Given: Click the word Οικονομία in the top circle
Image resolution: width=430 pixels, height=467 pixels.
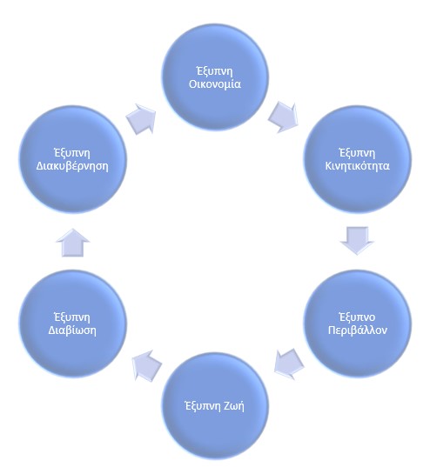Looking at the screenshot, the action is coord(215,84).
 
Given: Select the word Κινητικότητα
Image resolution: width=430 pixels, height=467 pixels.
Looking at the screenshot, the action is coord(357,165).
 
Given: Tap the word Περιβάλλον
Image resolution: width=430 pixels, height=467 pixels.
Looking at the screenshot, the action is coord(358,330).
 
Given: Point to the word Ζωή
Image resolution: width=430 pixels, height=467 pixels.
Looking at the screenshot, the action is coord(232,405).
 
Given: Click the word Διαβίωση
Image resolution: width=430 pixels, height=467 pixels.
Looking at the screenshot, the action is coord(72,330).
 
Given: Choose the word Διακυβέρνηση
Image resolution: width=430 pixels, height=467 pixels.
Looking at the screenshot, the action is coord(72,166).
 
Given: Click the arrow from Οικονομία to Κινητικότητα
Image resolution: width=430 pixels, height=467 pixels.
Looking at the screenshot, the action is coord(284,117).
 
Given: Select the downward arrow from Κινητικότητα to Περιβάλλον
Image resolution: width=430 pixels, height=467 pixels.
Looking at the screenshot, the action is coord(357,241).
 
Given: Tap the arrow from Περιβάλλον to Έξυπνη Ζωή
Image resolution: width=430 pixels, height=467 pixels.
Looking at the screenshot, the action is coord(288,364).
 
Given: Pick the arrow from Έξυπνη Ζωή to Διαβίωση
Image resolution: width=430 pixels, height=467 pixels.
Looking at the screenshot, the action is coord(147,365).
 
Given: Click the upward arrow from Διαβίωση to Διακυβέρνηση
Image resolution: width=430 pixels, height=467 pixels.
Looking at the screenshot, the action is coord(73,243).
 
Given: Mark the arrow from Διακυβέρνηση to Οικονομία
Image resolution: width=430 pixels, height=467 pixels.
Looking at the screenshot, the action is coord(141,119).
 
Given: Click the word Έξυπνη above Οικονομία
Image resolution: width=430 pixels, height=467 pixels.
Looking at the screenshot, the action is coord(215,71).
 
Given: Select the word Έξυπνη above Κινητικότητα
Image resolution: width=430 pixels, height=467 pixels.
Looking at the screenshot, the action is coord(357,153).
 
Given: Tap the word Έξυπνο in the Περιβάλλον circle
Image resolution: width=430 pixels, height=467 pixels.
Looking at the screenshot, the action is coord(357,317).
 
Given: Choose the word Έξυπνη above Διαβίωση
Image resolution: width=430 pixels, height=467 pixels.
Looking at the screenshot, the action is coord(72,317).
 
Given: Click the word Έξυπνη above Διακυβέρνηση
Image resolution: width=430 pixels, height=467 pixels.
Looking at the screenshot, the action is coord(72,153).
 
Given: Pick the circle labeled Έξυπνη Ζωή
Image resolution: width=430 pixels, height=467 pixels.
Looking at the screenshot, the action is coord(215,406).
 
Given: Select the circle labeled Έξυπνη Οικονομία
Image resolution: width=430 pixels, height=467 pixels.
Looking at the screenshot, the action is coord(215,77).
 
